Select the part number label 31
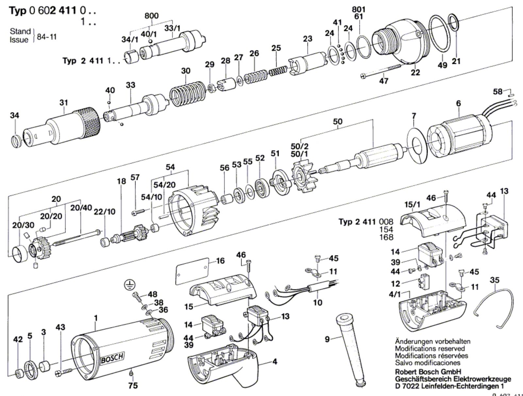tap(64, 103)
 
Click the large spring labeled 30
tap(188, 93)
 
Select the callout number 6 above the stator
tap(458, 103)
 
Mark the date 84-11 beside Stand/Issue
tap(47, 37)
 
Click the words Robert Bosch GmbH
tap(428, 371)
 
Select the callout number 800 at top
tap(152, 16)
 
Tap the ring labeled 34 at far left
tap(16, 141)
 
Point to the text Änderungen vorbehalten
tap(433, 341)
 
